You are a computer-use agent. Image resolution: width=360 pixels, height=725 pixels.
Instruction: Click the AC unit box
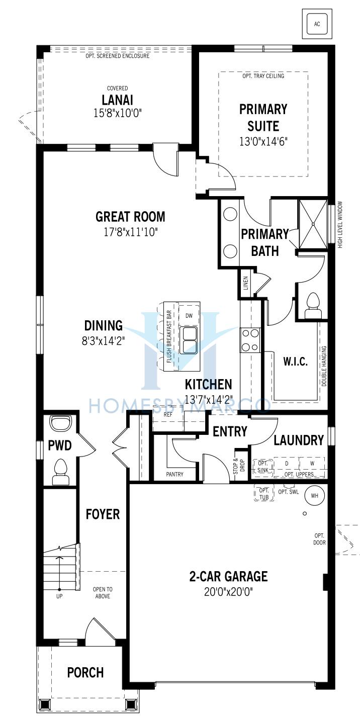[317, 24]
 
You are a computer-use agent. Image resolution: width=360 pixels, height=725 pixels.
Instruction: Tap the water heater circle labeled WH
[314, 496]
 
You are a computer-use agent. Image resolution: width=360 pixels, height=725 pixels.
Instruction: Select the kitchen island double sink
[189, 340]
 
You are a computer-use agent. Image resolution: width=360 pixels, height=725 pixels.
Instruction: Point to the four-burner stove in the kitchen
[250, 340]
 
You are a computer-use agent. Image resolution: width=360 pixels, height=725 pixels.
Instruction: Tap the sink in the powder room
[60, 423]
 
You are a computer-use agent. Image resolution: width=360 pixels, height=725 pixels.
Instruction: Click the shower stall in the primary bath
[312, 224]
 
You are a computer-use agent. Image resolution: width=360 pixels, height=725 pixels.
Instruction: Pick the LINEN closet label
[246, 283]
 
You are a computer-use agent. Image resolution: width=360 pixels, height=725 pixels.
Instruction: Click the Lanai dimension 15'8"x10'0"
[118, 113]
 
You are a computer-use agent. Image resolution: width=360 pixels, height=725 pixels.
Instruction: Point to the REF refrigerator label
[168, 415]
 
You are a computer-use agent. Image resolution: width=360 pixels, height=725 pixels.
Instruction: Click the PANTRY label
[174, 474]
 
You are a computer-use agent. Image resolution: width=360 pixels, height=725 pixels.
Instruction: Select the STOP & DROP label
[239, 466]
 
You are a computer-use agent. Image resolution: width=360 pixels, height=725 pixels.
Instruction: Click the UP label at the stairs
[59, 596]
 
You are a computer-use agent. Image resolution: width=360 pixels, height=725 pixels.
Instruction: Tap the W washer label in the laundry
[312, 464]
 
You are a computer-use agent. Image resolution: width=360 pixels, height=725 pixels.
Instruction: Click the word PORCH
[85, 672]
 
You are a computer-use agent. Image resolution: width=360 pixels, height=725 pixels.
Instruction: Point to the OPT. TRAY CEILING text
[263, 76]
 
